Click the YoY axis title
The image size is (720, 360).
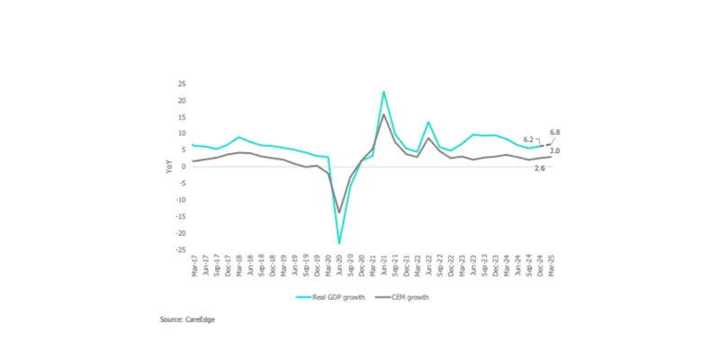(168, 166)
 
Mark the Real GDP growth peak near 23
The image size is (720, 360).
(384, 91)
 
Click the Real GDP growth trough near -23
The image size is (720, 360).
(339, 243)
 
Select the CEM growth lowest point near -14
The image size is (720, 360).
(339, 212)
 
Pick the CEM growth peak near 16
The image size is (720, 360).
(384, 114)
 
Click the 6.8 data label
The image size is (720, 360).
(554, 132)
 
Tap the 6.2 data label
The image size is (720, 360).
(529, 139)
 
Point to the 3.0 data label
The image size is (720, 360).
(555, 151)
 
